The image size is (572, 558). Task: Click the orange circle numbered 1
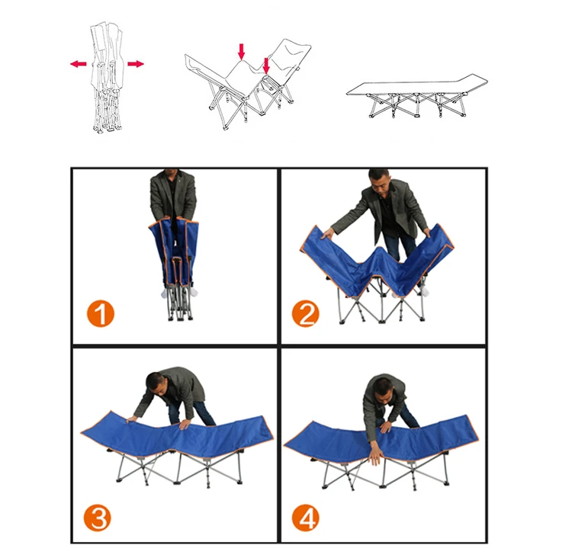point(101,313)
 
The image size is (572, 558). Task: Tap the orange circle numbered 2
point(306,313)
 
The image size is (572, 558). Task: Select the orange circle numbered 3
point(98,518)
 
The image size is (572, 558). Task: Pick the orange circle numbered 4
point(306,518)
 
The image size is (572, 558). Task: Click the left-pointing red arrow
point(79,64)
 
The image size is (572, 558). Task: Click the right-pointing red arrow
point(136,64)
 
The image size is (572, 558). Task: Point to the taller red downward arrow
point(241,52)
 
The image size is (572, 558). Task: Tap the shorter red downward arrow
point(266,66)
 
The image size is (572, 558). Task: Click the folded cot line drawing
point(107,76)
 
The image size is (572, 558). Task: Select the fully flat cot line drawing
point(417,95)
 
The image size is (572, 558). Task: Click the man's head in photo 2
point(378,181)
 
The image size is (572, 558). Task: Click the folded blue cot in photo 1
point(173,255)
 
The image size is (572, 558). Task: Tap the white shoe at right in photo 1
point(193,291)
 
